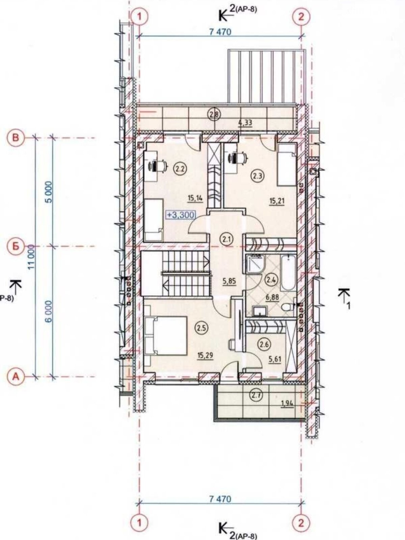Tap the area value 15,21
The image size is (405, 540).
point(277,201)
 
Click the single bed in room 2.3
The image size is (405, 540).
point(287,165)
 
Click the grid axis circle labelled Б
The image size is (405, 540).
point(16,246)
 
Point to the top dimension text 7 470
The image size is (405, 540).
point(220,32)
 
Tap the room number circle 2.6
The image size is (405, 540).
point(264,345)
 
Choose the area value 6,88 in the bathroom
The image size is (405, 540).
point(272,297)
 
